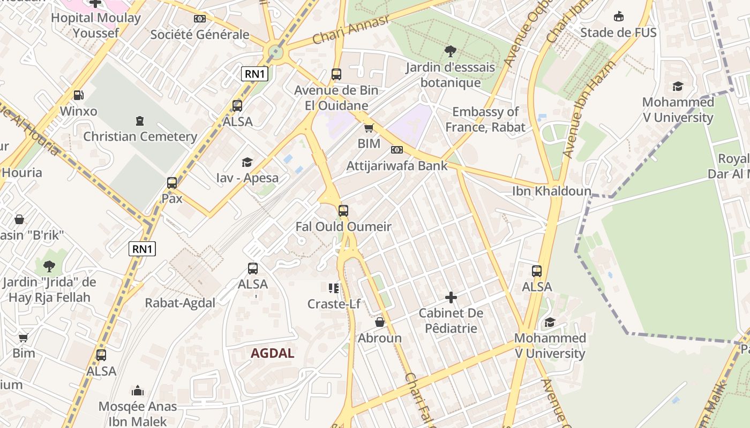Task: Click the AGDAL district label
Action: coord(272,353)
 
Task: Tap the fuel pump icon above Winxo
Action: coord(78,95)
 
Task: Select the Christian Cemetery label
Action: coord(140,136)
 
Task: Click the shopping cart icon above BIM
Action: coord(369,128)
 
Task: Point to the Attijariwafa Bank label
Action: coord(396,166)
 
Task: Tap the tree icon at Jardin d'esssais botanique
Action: coord(451,51)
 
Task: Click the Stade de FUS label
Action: coord(618,33)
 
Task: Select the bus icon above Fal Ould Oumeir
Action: coord(343,210)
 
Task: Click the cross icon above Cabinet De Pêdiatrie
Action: coord(451,297)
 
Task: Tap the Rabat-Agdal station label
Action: coord(180,303)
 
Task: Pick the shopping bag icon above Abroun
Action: coord(380,322)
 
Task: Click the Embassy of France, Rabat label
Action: coord(485,119)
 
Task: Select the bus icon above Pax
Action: coord(172,182)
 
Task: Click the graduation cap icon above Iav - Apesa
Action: coord(247,162)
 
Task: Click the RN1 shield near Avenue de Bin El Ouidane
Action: coord(254,74)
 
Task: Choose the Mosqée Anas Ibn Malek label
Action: coord(137,414)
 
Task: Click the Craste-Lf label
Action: coord(333,304)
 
